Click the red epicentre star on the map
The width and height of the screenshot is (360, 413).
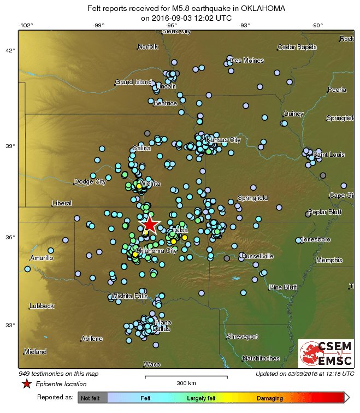pyautogui.click(x=149, y=224)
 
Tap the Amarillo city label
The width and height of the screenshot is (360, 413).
pyautogui.click(x=42, y=257)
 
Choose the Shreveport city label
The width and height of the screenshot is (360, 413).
pyautogui.click(x=242, y=337)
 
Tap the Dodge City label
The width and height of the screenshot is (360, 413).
pyautogui.click(x=90, y=182)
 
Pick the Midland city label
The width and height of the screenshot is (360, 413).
pyautogui.click(x=36, y=351)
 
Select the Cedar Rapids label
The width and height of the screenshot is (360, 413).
pyautogui.click(x=297, y=47)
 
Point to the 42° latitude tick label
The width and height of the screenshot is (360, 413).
pyautogui.click(x=10, y=51)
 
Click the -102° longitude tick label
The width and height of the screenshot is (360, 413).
pyautogui.click(x=25, y=25)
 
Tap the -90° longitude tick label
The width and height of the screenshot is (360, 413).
pyautogui.click(x=317, y=25)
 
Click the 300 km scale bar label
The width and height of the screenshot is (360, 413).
pyautogui.click(x=186, y=383)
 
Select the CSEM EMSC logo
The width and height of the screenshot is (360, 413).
pyautogui.click(x=326, y=353)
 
